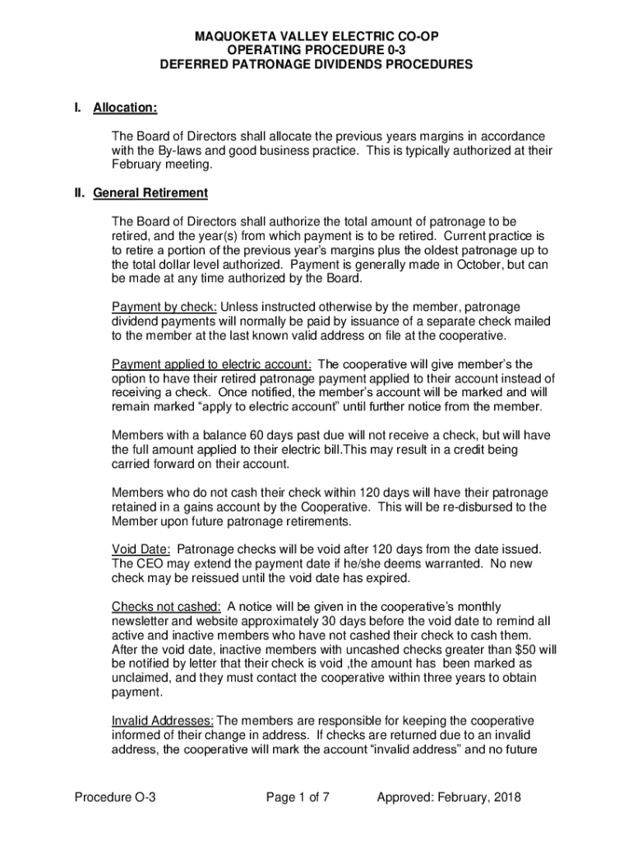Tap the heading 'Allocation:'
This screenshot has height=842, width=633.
click(126, 109)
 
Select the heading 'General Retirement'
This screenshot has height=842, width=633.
click(150, 193)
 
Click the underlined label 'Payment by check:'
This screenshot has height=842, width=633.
click(164, 307)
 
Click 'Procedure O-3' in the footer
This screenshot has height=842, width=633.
click(115, 797)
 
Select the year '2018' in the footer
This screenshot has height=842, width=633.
click(506, 797)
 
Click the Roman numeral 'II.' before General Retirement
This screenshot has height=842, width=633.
click(81, 193)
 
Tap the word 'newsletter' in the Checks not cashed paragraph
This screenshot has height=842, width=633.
click(142, 621)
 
